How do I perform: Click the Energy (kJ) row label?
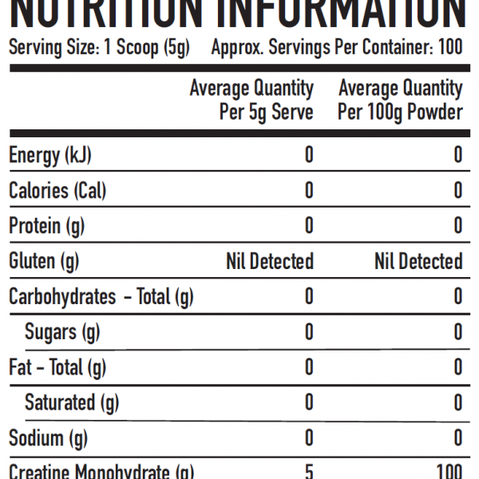pyautogui.click(x=55, y=155)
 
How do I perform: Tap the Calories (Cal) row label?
pyautogui.click(x=57, y=191)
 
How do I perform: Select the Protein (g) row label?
pyautogui.click(x=46, y=226)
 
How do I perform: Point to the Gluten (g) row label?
pyautogui.click(x=44, y=261)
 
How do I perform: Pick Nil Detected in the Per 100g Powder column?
pyautogui.click(x=418, y=261)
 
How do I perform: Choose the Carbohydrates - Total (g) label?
pyautogui.click(x=101, y=297)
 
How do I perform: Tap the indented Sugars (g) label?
pyautogui.click(x=62, y=332)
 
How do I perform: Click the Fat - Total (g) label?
pyautogui.click(x=57, y=367)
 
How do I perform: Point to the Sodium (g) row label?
pyautogui.click(x=48, y=438)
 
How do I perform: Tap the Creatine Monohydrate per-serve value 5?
pyautogui.click(x=309, y=472)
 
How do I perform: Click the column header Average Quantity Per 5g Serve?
pyautogui.click(x=251, y=100)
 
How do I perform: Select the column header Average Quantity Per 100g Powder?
pyautogui.click(x=400, y=100)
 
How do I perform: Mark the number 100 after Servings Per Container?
pyautogui.click(x=450, y=48)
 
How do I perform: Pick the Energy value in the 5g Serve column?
pyautogui.click(x=309, y=155)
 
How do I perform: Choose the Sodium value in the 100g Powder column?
pyautogui.click(x=457, y=438)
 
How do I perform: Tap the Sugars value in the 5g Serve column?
pyautogui.click(x=309, y=332)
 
